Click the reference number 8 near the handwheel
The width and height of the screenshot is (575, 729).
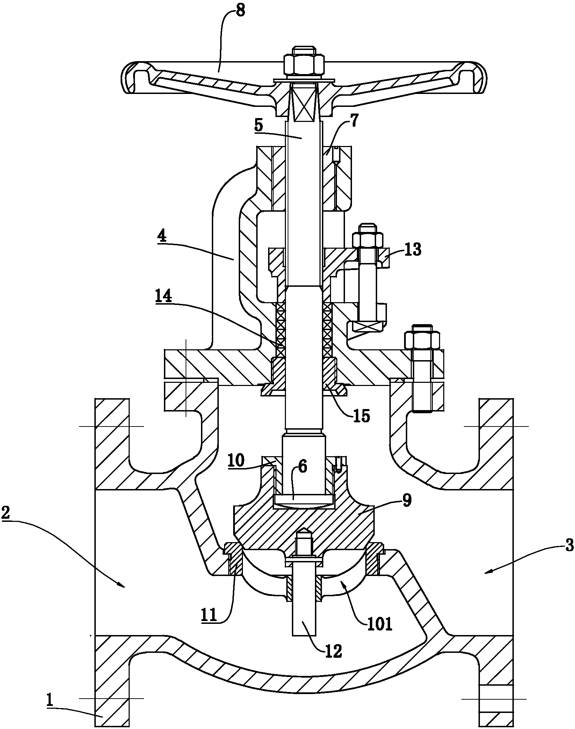240,12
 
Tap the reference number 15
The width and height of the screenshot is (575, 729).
361,416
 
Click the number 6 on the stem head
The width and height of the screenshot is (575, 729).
303,467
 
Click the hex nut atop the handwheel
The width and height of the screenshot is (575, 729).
303,66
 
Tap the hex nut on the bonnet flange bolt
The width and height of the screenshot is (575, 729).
422,339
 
